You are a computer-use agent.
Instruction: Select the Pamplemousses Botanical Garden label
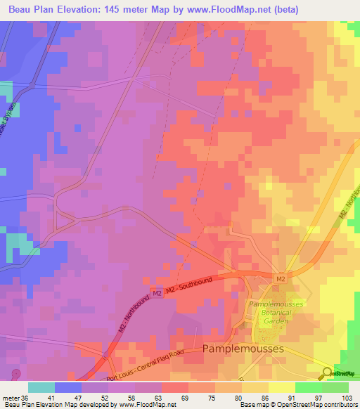[269, 311]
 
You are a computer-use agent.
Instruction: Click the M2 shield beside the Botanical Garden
[281, 280]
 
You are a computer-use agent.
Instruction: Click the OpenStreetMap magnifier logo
[326, 373]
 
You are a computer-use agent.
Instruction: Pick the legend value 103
[347, 398]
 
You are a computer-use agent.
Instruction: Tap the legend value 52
[93, 398]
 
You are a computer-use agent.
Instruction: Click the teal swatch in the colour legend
[41, 387]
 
